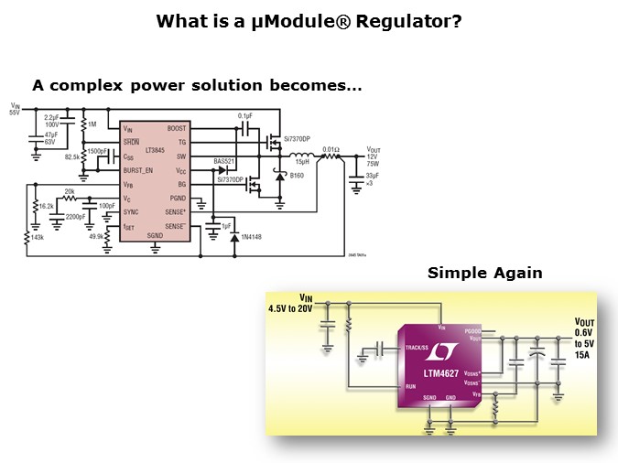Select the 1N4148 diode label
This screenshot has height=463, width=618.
click(x=252, y=237)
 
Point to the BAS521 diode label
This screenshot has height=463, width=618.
click(x=224, y=161)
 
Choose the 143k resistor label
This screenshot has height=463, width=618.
click(x=37, y=236)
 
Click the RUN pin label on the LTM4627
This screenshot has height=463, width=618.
click(x=412, y=385)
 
